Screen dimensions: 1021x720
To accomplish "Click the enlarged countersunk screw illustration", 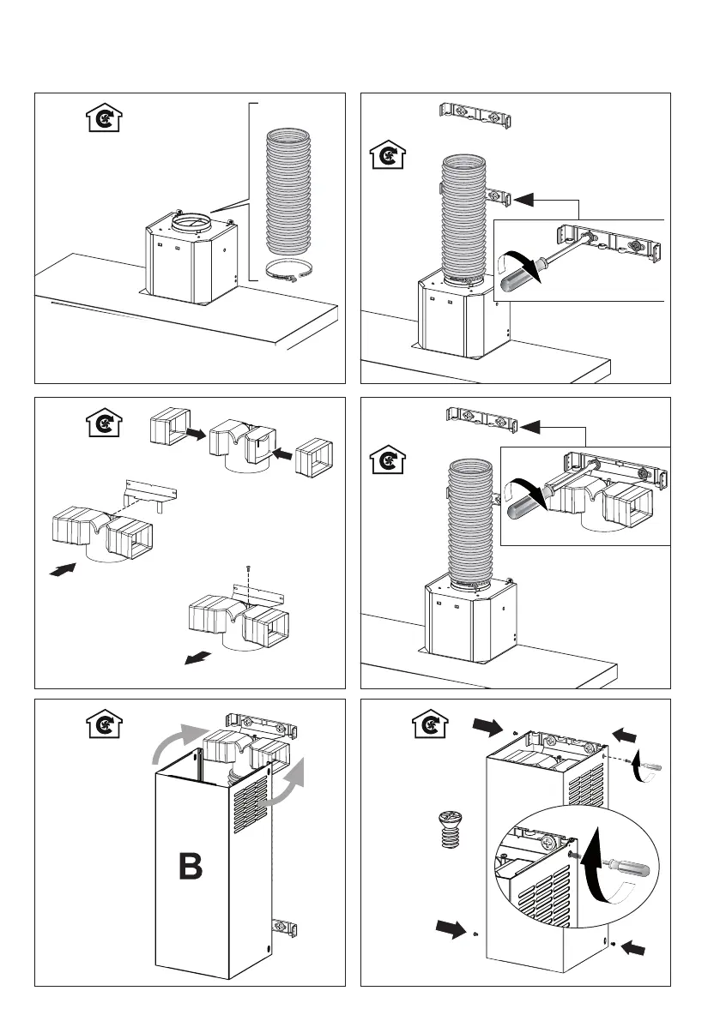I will (x=446, y=829).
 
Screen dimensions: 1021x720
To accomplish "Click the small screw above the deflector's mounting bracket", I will (x=248, y=568).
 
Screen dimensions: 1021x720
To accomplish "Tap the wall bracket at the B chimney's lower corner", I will (x=286, y=927).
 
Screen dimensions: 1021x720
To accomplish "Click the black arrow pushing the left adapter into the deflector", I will (x=195, y=435).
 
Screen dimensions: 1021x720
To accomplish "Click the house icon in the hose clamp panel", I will (x=104, y=118).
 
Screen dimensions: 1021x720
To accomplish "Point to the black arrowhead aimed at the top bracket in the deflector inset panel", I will (x=535, y=424).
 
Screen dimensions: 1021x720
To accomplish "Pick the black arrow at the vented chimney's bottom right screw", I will (x=637, y=947).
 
